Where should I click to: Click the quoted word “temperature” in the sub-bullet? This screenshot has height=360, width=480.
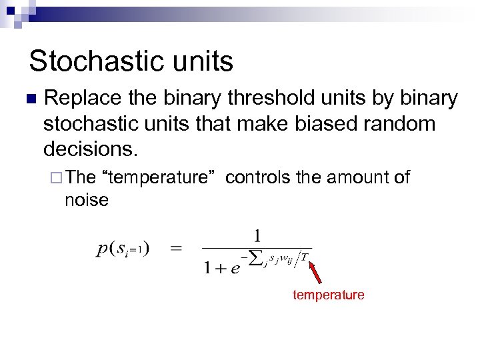click(x=156, y=177)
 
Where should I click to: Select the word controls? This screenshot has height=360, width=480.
click(x=257, y=177)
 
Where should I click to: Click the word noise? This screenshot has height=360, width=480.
click(x=86, y=199)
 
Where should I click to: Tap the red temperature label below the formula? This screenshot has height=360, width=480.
click(x=328, y=295)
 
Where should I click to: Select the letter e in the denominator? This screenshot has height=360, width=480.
click(x=235, y=267)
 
